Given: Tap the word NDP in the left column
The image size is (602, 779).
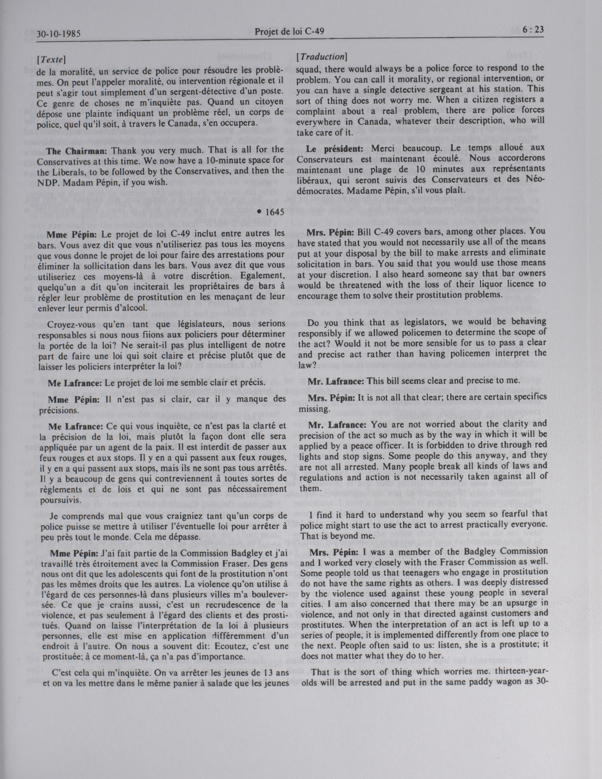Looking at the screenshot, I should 47,182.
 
